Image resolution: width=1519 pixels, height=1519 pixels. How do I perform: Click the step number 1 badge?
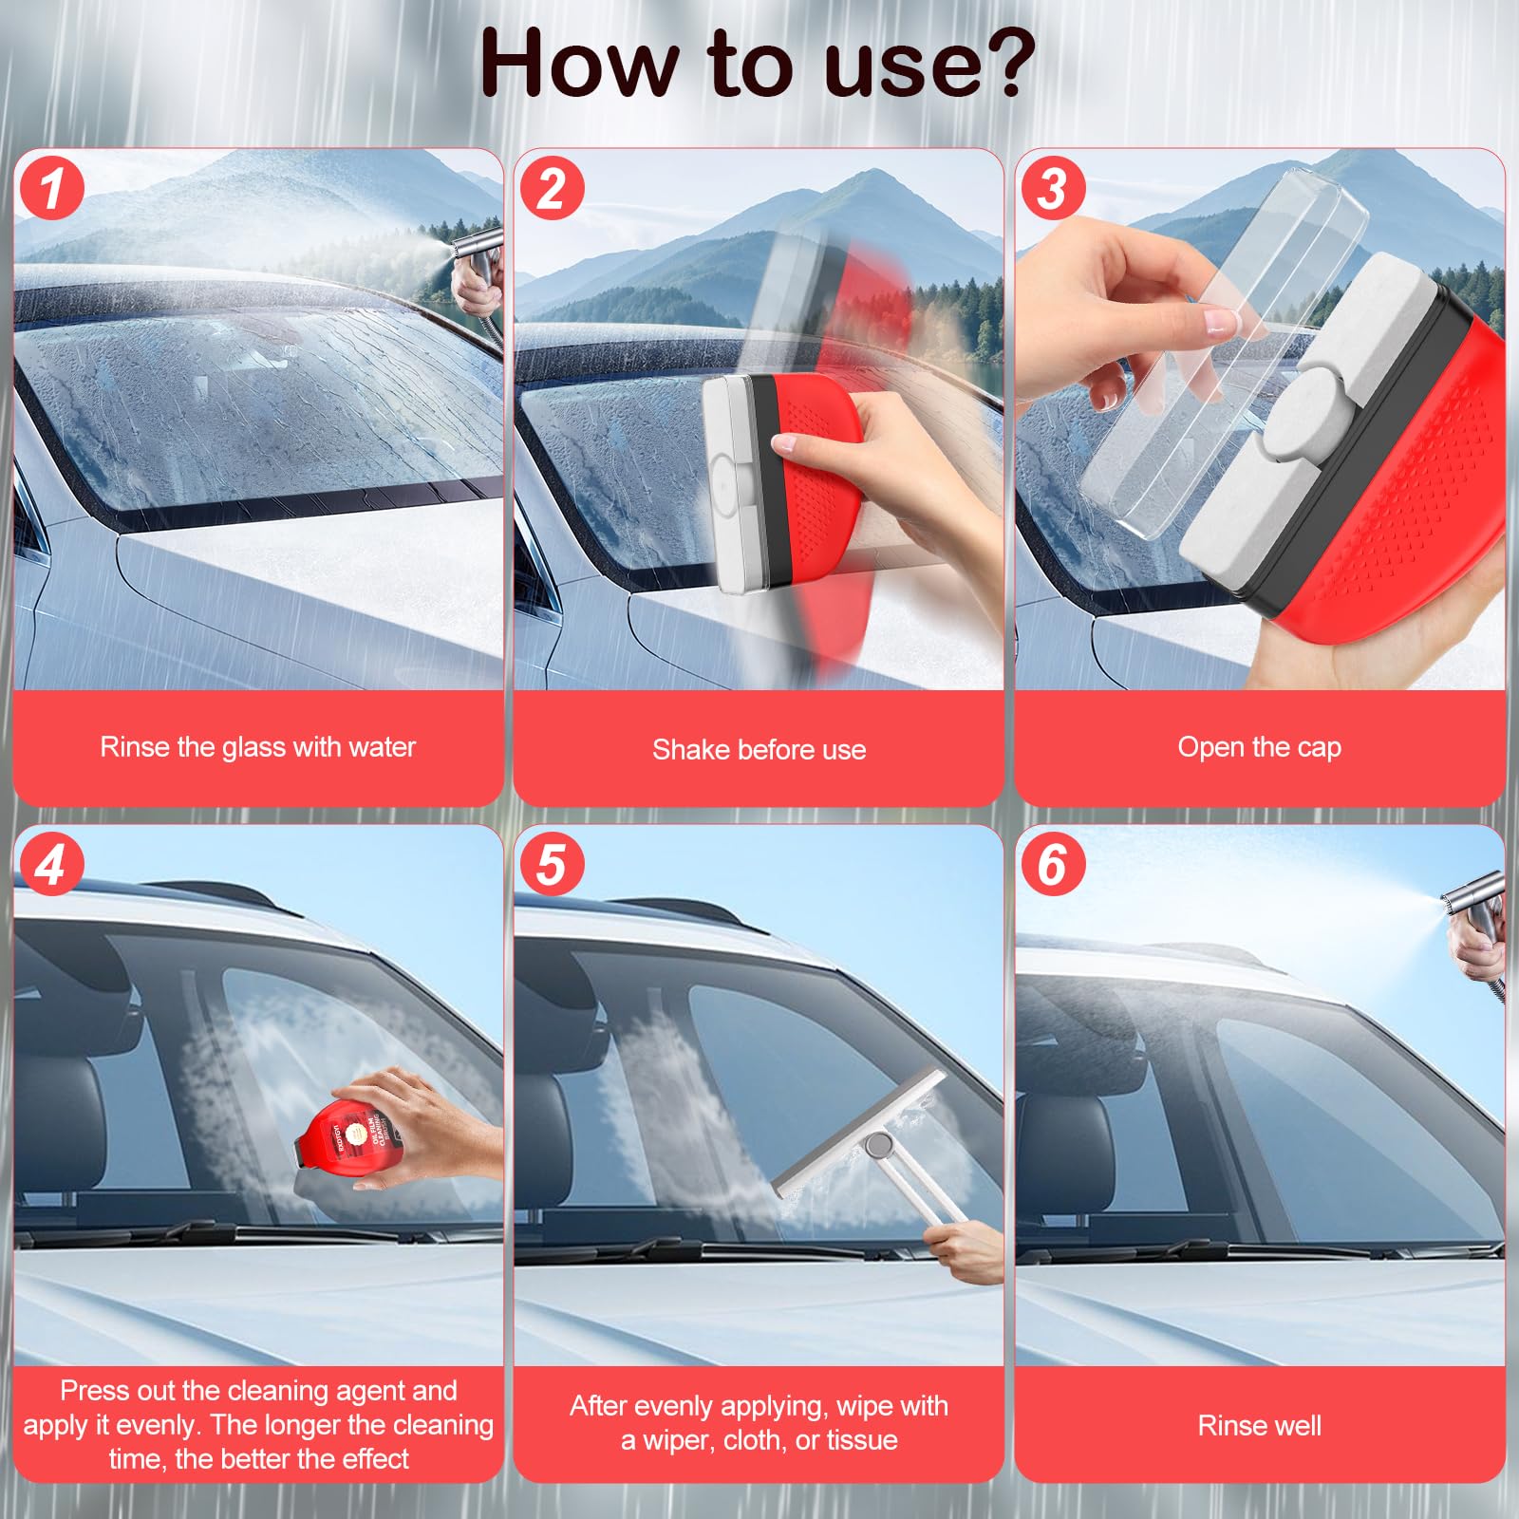pos(51,188)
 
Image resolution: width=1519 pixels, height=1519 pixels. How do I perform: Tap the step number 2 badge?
pos(552,188)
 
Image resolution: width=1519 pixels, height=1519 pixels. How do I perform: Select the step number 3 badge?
pos(1052,188)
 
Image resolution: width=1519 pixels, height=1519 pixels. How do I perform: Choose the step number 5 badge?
pos(552,865)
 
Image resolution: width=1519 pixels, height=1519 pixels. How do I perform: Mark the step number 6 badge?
pos(1052,865)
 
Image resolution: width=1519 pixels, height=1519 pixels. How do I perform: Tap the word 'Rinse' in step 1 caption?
pos(134,747)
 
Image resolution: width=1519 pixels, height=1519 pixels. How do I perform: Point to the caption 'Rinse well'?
pos(1259,1425)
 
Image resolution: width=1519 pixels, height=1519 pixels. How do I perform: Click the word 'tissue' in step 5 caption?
pos(862,1440)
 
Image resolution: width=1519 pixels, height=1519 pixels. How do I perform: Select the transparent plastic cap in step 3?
pos(1225,351)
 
